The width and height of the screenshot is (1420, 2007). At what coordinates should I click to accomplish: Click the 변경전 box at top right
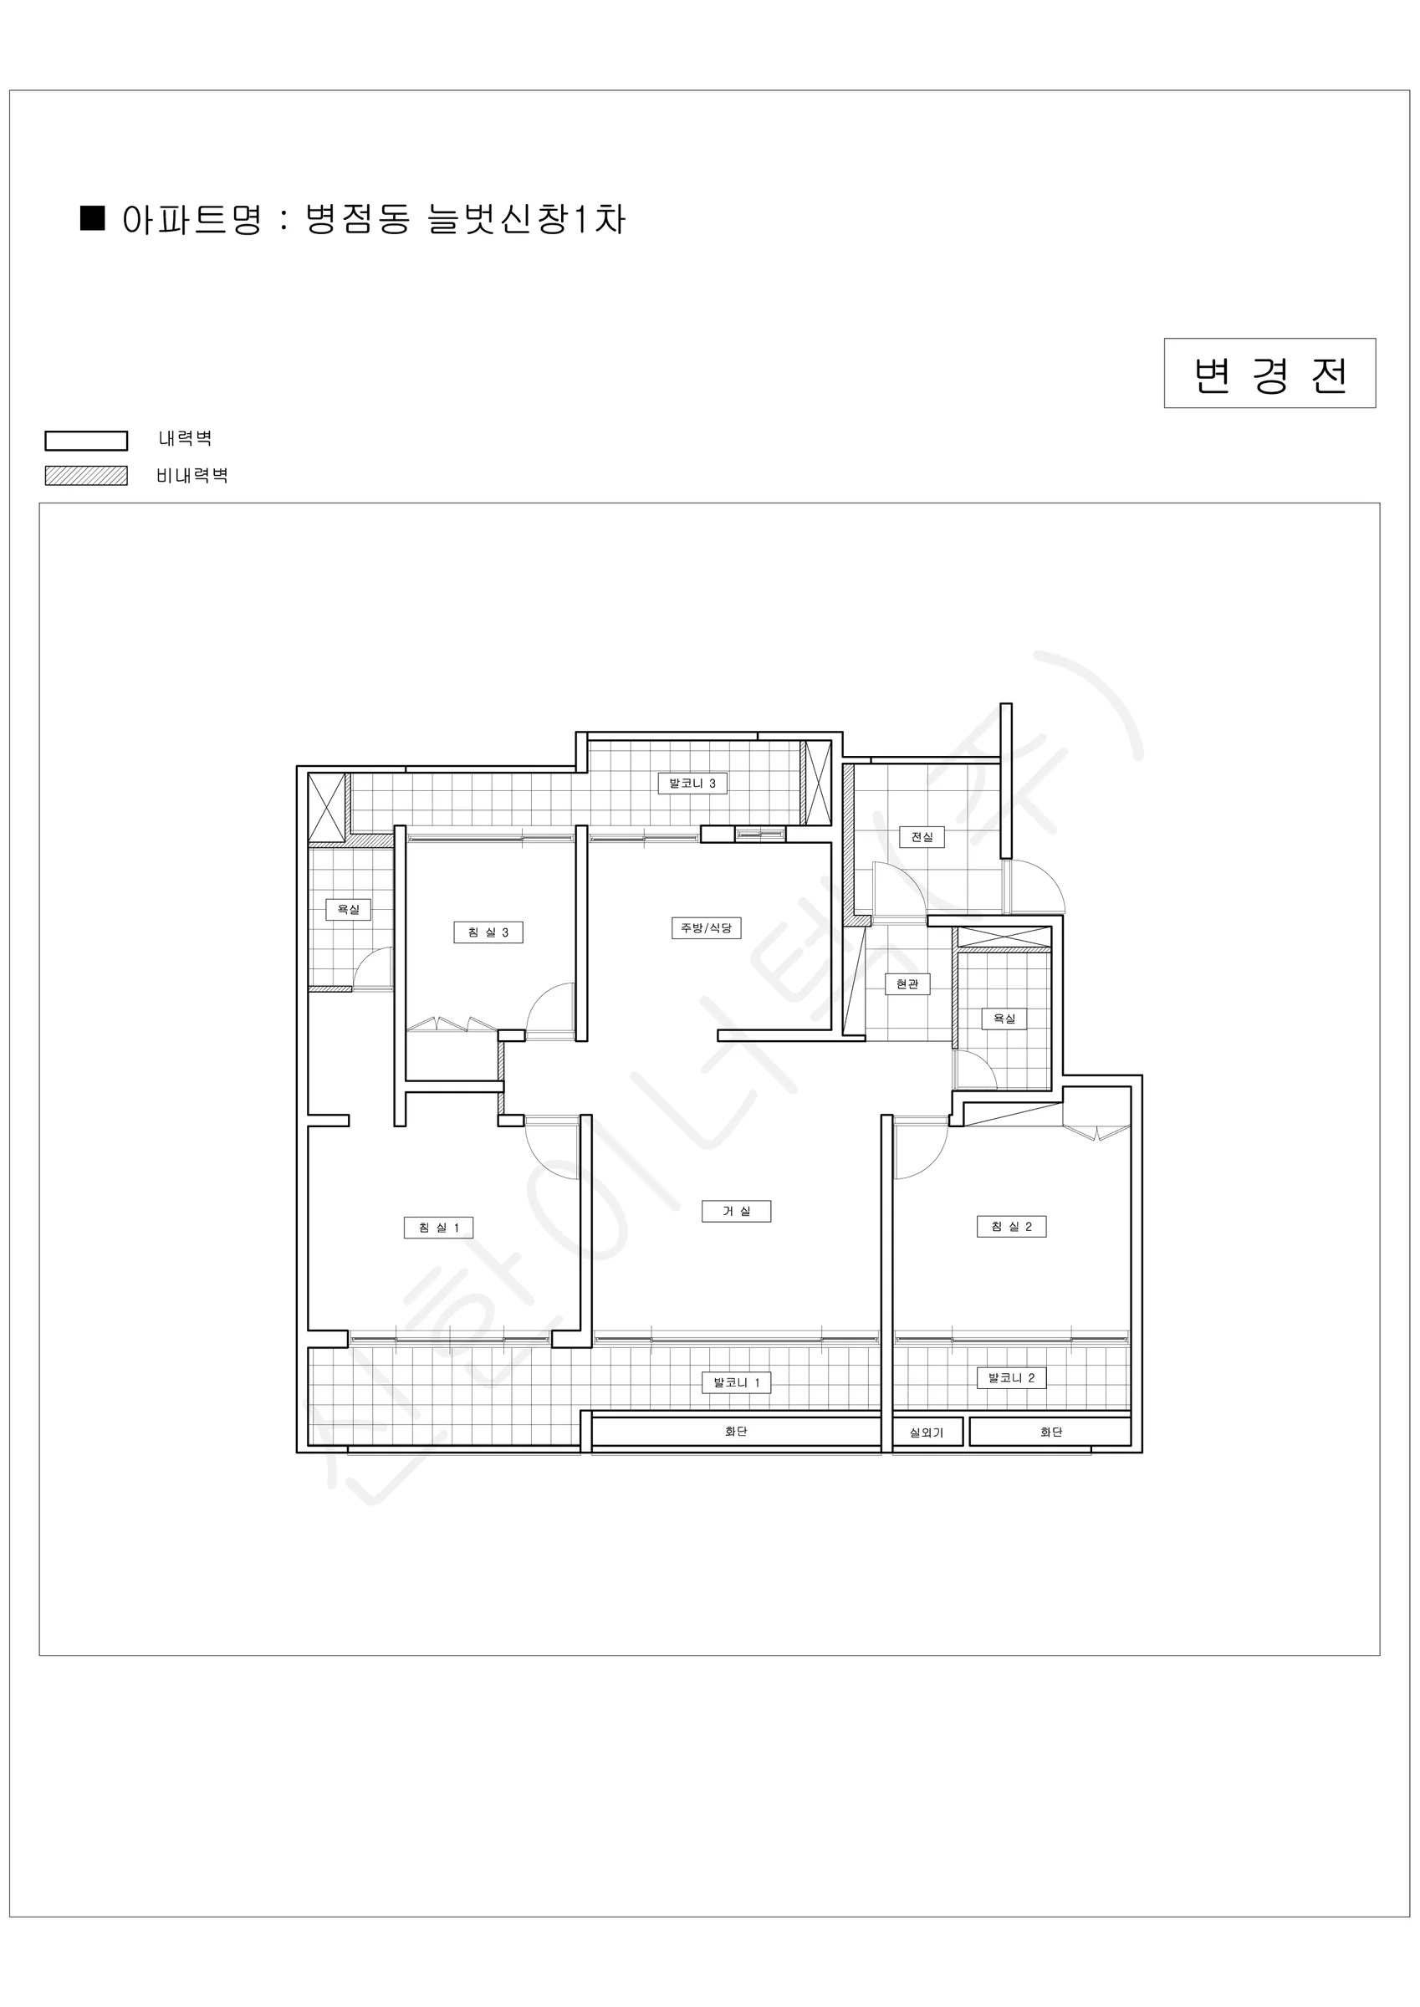[1269, 373]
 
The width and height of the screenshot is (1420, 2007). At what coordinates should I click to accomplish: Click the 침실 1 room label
[439, 1228]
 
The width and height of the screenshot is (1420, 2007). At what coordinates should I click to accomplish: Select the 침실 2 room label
[1012, 1227]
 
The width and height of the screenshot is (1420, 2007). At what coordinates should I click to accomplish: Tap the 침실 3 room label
[488, 932]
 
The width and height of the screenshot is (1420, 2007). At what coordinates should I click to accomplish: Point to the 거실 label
[736, 1211]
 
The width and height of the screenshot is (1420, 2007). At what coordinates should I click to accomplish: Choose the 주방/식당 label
[707, 927]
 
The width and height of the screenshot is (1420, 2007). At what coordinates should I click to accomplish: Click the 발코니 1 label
[736, 1382]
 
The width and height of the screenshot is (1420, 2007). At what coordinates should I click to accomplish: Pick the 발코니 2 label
[1012, 1377]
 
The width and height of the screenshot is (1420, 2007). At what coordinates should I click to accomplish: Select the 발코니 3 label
[692, 784]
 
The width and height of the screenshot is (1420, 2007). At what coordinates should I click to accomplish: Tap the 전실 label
[922, 836]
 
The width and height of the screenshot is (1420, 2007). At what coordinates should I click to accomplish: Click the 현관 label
[907, 984]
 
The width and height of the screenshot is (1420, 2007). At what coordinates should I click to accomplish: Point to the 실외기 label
[927, 1432]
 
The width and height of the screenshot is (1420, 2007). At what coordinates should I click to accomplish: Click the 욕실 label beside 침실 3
[349, 909]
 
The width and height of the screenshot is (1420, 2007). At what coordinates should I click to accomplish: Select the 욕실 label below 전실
[1004, 1019]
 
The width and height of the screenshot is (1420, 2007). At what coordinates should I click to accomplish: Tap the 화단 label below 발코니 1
[736, 1431]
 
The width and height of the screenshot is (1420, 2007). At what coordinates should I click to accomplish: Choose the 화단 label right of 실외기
[1051, 1432]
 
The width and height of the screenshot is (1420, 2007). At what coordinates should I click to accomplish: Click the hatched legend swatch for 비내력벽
[87, 476]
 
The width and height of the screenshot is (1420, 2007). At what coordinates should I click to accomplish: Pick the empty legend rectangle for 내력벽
[87, 441]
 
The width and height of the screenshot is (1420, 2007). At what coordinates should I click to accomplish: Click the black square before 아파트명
[93, 217]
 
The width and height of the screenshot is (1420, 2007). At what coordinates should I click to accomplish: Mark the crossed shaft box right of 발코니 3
[817, 783]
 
